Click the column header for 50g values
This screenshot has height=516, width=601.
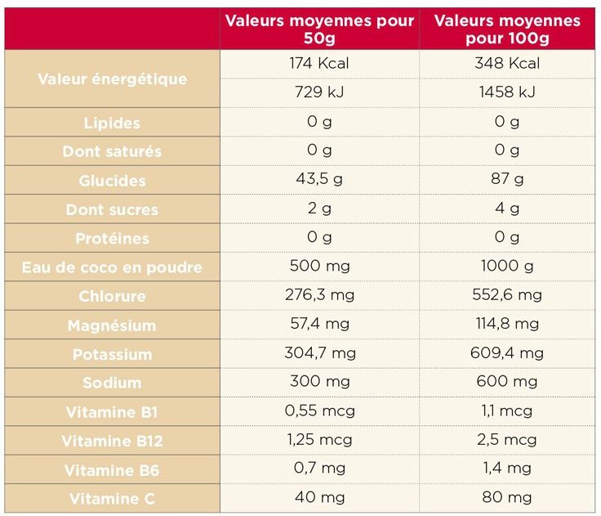tap(319, 29)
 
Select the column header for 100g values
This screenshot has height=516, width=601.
tap(507, 29)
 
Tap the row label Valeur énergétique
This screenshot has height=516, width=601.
tap(112, 79)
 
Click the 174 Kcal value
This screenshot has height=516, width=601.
tap(319, 63)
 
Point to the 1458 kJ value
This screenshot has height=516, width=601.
tap(507, 92)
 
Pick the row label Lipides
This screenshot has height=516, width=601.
tap(112, 123)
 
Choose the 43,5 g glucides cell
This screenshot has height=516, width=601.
tap(319, 179)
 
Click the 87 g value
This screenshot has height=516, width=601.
tap(507, 179)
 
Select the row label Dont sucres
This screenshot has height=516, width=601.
tap(112, 209)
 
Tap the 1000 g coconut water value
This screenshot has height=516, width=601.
tap(507, 266)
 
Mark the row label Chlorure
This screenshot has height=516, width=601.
tap(112, 296)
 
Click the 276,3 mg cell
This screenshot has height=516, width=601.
tap(319, 294)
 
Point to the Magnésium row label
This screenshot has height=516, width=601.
tap(112, 325)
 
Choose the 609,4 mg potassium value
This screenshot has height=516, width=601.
tap(507, 353)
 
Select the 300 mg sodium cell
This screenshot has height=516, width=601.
tap(319, 382)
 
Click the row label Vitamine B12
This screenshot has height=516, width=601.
tap(112, 442)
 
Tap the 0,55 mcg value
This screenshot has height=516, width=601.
tap(319, 411)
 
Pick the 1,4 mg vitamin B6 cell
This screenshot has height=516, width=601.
tap(507, 469)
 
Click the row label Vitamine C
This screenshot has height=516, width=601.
tap(112, 499)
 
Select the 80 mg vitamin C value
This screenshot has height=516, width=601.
tap(507, 497)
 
